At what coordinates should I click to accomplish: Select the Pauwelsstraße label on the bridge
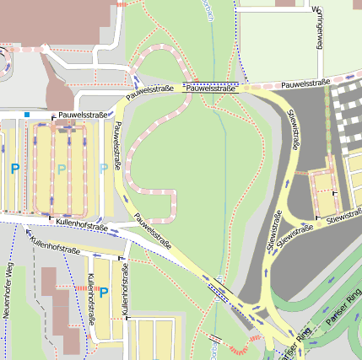pyautogui.click(x=210, y=88)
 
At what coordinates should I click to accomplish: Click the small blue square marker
pyautogui.click(x=27, y=115)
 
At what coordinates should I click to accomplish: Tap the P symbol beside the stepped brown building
pyautogui.click(x=104, y=293)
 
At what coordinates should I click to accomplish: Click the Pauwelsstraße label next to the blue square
pyautogui.click(x=81, y=116)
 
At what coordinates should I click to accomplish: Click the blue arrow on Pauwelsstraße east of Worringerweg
pyautogui.click(x=348, y=78)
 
